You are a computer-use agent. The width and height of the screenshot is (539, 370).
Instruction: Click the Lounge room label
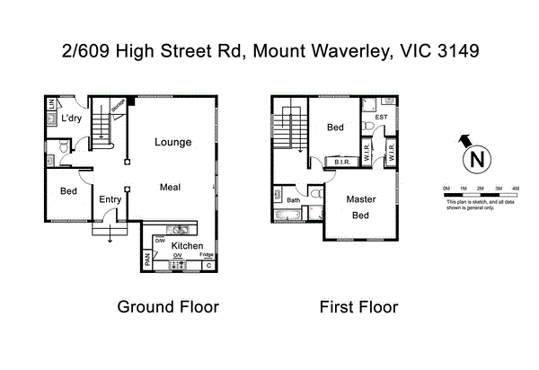(x=172, y=142)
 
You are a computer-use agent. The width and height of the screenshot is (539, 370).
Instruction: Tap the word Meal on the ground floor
(x=172, y=187)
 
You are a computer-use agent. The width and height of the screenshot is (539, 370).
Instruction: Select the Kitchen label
(x=187, y=246)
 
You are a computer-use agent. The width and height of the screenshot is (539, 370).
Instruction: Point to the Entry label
(x=110, y=199)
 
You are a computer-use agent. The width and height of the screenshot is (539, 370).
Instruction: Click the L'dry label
(x=74, y=119)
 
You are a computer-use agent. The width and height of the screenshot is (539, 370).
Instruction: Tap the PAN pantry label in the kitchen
(x=147, y=261)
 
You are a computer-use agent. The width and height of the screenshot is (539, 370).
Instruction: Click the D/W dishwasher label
(x=160, y=240)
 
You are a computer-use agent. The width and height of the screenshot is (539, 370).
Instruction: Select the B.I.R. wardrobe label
(x=341, y=163)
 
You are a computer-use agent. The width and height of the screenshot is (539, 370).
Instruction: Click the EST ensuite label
(x=381, y=117)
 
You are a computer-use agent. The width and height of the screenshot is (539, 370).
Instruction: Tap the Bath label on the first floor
(x=293, y=199)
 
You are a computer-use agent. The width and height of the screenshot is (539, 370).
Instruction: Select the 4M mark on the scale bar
(x=515, y=188)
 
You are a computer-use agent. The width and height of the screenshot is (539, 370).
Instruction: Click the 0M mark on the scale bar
(x=446, y=188)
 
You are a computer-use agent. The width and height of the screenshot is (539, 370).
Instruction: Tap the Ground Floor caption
(x=168, y=307)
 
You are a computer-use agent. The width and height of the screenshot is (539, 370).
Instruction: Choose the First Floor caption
(x=358, y=307)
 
